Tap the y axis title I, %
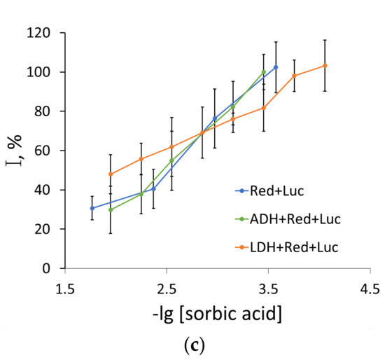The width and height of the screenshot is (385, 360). [x=19, y=150]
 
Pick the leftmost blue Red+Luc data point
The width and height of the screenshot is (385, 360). [x=92, y=208]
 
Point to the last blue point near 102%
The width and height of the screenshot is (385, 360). [x=276, y=67]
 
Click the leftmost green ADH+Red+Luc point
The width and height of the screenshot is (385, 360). [x=111, y=209]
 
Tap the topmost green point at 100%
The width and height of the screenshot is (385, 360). [x=263, y=72]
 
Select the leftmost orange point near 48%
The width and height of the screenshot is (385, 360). [x=111, y=174]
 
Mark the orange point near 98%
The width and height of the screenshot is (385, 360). [x=295, y=76]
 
